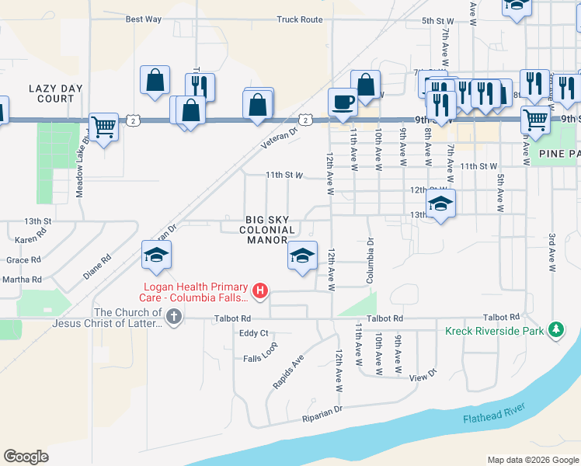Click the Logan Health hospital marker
tap(261, 292)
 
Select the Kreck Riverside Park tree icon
tap(555, 330)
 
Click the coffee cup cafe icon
tap(343, 102)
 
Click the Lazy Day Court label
tap(51, 93)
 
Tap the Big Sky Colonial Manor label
tap(270, 230)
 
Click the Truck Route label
tap(299, 19)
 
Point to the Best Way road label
tap(143, 19)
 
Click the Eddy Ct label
tap(253, 333)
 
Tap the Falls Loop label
tap(259, 357)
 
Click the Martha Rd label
tap(22, 279)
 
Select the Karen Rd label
tap(30, 240)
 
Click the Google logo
tap(26, 456)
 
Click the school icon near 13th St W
tap(441, 204)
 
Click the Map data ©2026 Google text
tap(532, 460)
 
